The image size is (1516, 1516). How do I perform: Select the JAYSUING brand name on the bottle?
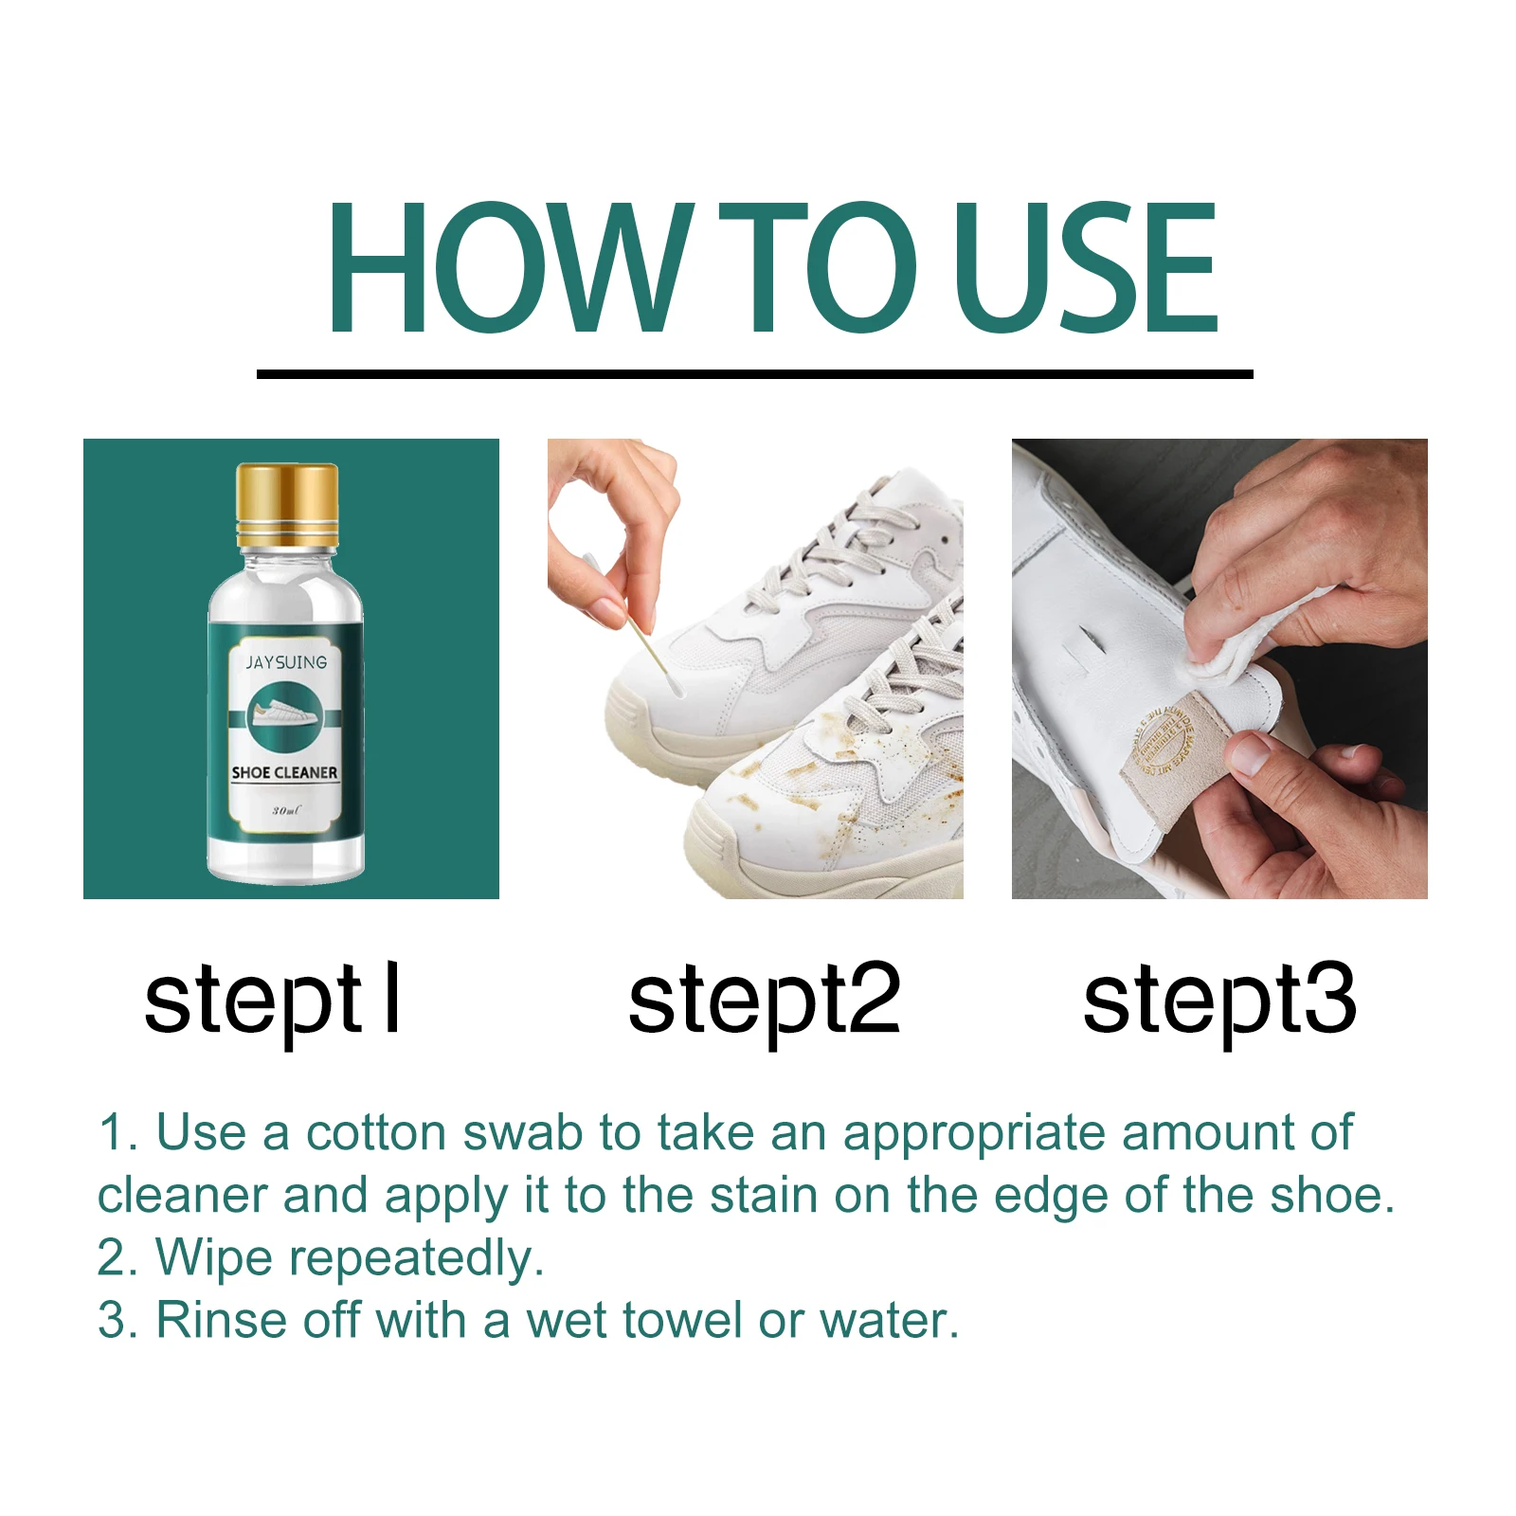click(x=286, y=662)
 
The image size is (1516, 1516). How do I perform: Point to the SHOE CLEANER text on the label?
click(x=284, y=772)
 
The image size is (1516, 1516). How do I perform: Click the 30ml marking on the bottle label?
click(x=285, y=811)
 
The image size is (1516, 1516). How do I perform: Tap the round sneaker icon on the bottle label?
click(x=285, y=716)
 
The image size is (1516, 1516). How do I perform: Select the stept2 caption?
click(x=764, y=1001)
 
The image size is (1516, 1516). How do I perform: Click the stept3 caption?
click(x=1219, y=1001)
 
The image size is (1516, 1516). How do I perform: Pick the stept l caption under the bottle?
click(x=273, y=1001)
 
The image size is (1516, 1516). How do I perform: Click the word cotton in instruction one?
click(x=375, y=1132)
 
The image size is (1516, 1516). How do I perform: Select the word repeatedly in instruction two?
click(x=416, y=1259)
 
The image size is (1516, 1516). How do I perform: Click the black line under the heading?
click(x=754, y=374)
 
